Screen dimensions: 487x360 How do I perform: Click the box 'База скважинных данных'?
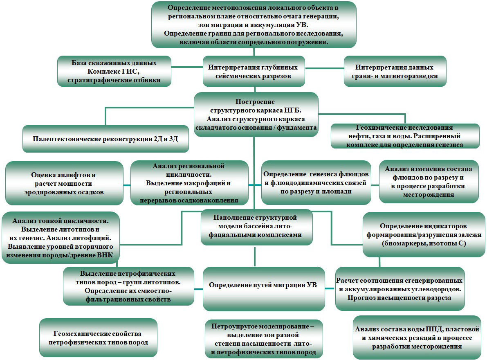(x=114, y=71)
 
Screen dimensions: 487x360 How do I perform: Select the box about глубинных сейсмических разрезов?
(x=254, y=71)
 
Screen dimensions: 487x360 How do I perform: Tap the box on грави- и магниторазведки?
(x=395, y=71)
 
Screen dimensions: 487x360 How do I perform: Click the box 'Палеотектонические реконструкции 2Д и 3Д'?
(x=105, y=139)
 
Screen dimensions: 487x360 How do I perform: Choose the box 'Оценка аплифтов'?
(x=64, y=183)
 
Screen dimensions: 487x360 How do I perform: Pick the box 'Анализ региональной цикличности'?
(x=189, y=183)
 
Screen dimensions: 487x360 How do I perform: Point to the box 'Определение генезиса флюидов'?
(x=316, y=182)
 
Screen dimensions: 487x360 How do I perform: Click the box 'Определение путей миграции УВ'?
(x=264, y=289)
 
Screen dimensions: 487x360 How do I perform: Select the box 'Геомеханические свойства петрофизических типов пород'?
(x=98, y=337)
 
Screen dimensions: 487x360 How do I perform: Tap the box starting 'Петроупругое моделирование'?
(x=264, y=339)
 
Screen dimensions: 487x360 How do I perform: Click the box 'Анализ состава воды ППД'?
(x=417, y=337)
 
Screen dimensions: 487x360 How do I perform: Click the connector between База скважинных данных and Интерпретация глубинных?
(x=187, y=67)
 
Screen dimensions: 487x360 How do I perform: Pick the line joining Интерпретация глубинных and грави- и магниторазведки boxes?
(x=324, y=68)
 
